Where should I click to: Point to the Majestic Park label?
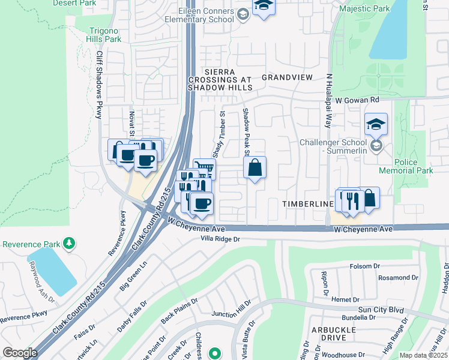pos(364,9)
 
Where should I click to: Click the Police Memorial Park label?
pos(414,167)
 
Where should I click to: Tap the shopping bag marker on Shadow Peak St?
pos(255,169)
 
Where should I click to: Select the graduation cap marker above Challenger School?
pos(376,124)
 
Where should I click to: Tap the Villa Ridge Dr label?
pos(220,239)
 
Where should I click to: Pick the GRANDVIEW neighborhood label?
pos(287,77)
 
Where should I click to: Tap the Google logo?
pos(20,352)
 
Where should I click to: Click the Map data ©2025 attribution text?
pos(423,355)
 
